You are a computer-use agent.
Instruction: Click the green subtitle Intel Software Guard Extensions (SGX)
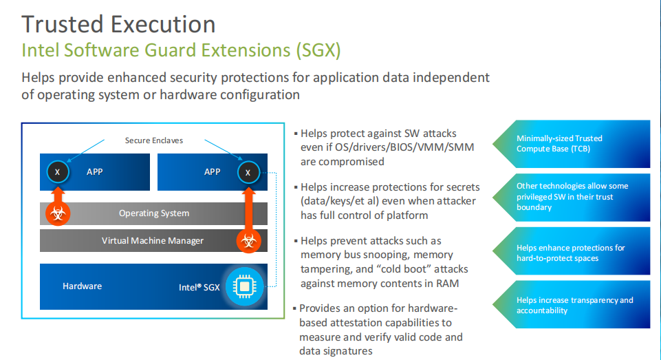(181, 50)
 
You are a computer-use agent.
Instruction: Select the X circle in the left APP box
(58, 171)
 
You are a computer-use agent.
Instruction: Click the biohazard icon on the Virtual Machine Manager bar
(248, 241)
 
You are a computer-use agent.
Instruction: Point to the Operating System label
(154, 213)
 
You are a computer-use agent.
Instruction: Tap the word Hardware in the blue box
(82, 286)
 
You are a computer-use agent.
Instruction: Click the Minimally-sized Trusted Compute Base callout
(571, 143)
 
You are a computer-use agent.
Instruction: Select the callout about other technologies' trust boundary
(571, 196)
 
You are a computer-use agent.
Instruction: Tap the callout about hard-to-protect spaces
(571, 253)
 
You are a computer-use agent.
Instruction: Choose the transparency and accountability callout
(571, 305)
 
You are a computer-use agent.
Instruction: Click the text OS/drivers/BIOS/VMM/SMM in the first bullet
(397, 147)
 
